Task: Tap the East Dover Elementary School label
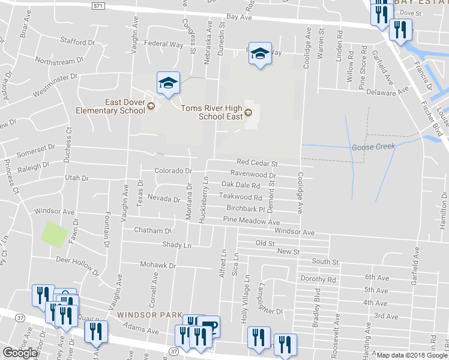coord(110,106)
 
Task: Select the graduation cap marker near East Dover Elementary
coord(169,83)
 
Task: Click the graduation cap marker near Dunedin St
coord(260,55)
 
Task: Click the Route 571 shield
coord(100,5)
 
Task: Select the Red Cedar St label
coord(258,163)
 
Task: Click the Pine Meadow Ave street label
coord(251,221)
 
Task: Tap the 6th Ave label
coord(377,277)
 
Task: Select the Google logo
coord(20,353)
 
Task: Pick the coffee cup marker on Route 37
coord(209,326)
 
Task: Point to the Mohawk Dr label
coord(158,265)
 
